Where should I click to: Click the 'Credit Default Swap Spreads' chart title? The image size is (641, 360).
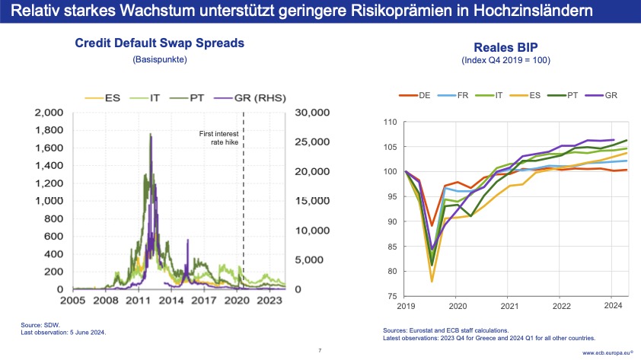(159, 43)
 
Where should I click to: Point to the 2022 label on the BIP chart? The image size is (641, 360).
(560, 306)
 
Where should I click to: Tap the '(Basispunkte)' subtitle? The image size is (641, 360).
(159, 59)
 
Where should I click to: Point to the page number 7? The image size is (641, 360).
(320, 351)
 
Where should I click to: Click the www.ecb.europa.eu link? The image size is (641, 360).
(609, 353)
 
